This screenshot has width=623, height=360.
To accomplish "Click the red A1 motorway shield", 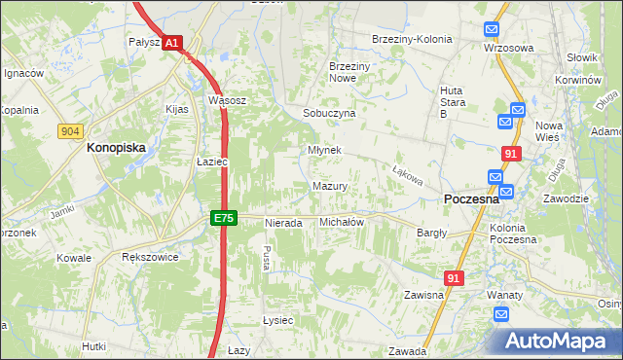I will pyautogui.click(x=171, y=43).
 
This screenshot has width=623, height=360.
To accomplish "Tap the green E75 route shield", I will pyautogui.click(x=224, y=219).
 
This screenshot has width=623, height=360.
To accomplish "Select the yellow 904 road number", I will pyautogui.click(x=69, y=130).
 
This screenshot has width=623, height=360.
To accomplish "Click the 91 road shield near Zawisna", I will pyautogui.click(x=454, y=278).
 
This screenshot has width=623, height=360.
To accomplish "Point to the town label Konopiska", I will pyautogui.click(x=116, y=148).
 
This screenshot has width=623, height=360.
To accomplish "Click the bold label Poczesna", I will pyautogui.click(x=471, y=198).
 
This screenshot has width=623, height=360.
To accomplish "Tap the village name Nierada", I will pyautogui.click(x=284, y=223).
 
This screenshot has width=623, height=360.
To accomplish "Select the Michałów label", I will pyautogui.click(x=342, y=222).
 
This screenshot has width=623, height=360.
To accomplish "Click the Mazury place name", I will pyautogui.click(x=330, y=186).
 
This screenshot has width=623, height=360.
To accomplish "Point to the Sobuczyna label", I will pyautogui.click(x=329, y=113).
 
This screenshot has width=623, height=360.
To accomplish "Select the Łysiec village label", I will pyautogui.click(x=277, y=320).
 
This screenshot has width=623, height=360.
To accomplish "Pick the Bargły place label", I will pyautogui.click(x=432, y=234).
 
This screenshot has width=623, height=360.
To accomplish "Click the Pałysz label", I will pyautogui.click(x=144, y=42).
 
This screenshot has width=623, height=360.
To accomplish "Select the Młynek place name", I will pyautogui.click(x=324, y=151).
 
